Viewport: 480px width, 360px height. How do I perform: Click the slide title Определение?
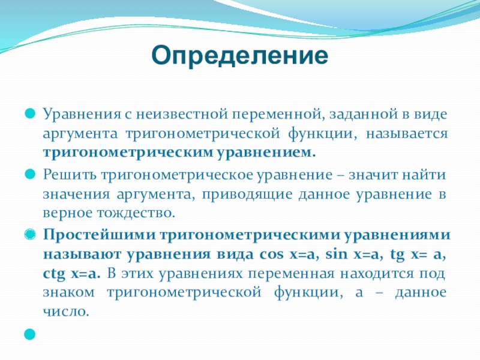[239, 55]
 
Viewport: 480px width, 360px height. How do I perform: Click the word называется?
[407, 134]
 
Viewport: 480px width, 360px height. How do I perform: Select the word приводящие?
[247, 194]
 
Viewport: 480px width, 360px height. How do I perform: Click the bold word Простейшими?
[98, 235]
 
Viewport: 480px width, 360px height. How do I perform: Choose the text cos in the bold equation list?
[272, 254]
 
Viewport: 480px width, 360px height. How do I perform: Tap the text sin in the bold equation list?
[337, 254]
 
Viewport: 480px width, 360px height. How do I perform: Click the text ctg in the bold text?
[54, 274]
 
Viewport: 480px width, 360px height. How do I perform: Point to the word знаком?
[68, 293]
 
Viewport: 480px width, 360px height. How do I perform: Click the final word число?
[66, 311]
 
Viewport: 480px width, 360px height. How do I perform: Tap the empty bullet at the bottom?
[30, 334]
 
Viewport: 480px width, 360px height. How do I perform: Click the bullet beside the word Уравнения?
[30, 113]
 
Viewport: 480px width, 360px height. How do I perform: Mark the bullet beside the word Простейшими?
[30, 235]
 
